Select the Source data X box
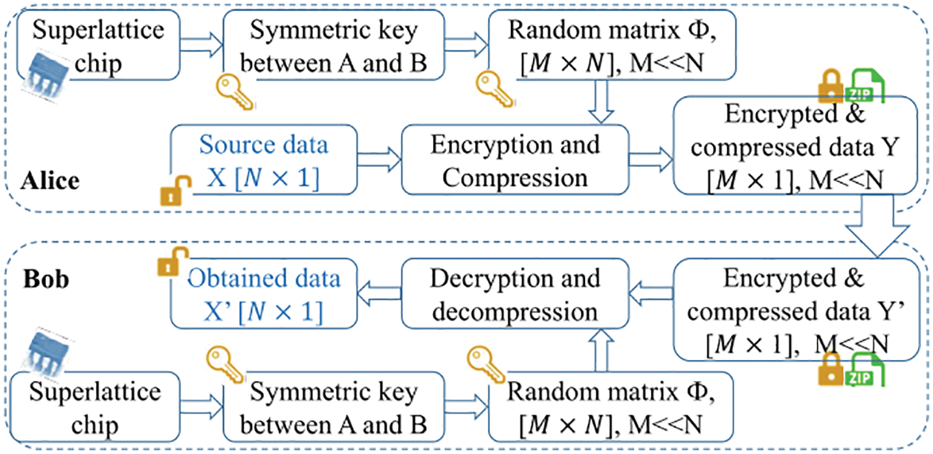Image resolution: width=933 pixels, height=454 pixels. pos(264,161)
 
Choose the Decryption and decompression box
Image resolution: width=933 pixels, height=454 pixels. pos(515,295)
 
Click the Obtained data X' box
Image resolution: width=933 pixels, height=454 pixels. pos(264,296)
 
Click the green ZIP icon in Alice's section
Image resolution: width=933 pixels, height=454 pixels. pos(862,87)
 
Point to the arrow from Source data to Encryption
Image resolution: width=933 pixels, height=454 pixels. pos(379,158)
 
